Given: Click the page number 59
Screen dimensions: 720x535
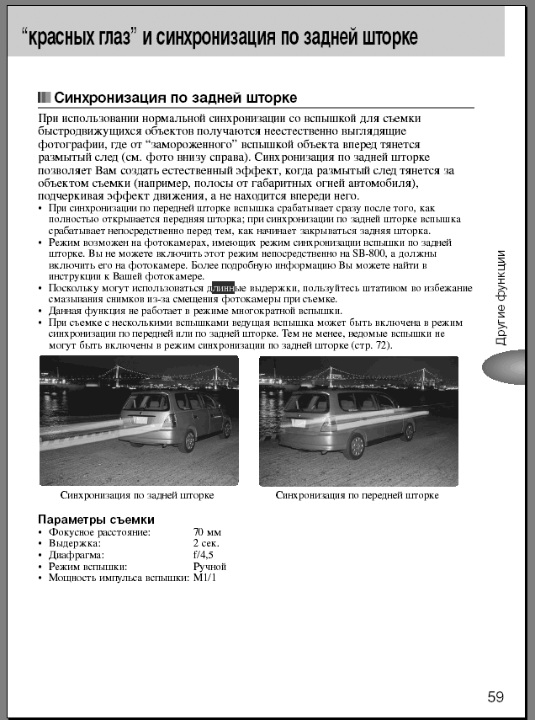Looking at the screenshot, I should coord(495,696).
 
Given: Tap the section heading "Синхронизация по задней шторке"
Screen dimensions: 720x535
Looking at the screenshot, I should coord(175,98).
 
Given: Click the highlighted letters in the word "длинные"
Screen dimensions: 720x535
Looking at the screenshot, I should coord(222,288).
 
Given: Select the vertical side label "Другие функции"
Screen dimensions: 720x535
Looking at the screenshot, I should coord(501,297).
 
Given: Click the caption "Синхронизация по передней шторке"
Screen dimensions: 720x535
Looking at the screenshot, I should coord(357,495).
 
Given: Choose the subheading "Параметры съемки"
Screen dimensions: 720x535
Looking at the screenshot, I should coord(96,519).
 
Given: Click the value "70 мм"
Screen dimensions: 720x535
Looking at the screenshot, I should coord(207,533).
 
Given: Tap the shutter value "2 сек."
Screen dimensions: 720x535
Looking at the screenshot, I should coord(207,544).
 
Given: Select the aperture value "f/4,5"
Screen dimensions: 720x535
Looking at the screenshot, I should coord(204,555).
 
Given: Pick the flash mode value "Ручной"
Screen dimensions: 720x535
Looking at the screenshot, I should coord(209,566).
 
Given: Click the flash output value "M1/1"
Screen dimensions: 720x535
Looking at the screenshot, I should coord(205,578).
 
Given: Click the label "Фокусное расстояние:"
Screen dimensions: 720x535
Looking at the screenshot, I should coord(99,533).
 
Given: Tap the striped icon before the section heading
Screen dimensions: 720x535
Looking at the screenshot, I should coord(45,98).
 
